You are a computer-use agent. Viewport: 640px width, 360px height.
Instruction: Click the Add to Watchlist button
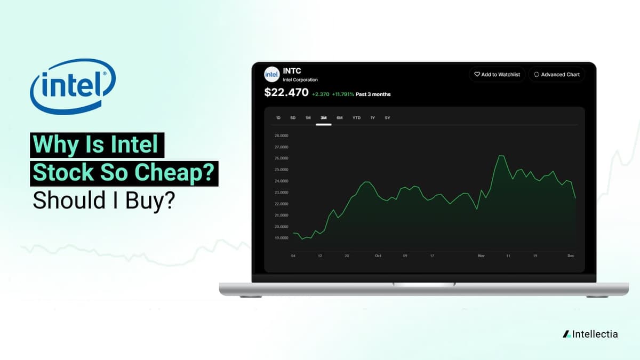click(498, 75)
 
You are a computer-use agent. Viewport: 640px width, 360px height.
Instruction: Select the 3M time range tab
click(323, 118)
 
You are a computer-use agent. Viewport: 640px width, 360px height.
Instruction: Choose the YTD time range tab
click(356, 118)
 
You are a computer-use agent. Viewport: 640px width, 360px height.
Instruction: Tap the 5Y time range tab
click(387, 118)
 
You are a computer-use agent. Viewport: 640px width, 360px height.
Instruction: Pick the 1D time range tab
click(278, 118)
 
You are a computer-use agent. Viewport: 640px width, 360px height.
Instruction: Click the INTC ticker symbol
click(292, 70)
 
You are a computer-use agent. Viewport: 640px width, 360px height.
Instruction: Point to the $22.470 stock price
click(286, 93)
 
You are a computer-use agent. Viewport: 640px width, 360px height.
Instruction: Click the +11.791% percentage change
click(343, 94)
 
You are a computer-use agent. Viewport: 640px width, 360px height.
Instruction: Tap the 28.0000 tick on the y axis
click(281, 135)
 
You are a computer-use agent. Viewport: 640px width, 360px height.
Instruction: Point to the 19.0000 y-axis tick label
click(281, 238)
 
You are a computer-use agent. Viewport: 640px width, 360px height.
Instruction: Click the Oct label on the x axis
click(378, 256)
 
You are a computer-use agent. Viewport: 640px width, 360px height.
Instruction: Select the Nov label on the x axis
click(481, 256)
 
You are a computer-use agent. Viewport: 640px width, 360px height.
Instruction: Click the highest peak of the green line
click(500, 156)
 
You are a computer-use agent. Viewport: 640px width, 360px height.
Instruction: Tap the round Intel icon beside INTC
click(272, 74)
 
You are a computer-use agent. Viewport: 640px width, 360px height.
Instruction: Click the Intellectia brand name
click(595, 334)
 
